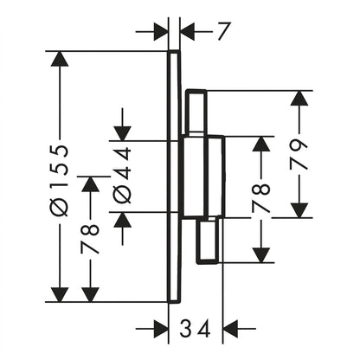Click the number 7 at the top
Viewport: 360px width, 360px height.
coord(223,31)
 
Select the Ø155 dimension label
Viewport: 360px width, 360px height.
coord(60,181)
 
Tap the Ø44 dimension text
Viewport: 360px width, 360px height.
coord(122,175)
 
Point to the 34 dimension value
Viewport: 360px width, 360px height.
coord(195,328)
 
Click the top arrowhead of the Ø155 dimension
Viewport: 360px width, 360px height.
coord(60,59)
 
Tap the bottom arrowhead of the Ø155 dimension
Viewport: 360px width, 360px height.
coord(60,294)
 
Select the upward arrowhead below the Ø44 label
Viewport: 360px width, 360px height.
coord(122,220)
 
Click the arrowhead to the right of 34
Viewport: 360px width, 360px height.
coord(231,328)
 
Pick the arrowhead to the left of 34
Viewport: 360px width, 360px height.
coord(160,328)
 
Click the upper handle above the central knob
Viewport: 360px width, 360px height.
coord(196,112)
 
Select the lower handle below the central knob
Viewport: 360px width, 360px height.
coord(207,241)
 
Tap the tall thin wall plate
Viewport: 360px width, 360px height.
coord(174,177)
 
